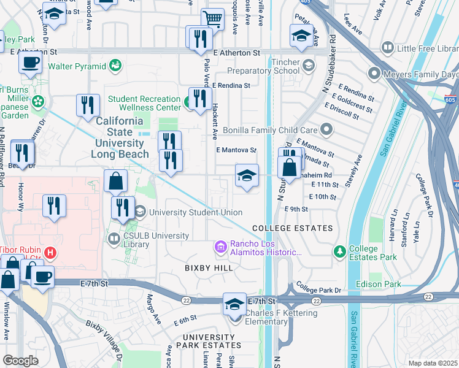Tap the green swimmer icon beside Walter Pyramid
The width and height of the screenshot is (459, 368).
(x=115, y=64)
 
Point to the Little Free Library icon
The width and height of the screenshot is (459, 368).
(x=387, y=47)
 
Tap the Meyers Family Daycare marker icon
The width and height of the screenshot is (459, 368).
(x=374, y=74)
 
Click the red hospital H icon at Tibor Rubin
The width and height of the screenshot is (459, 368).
(x=51, y=251)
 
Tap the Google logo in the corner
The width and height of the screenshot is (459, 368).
(x=20, y=361)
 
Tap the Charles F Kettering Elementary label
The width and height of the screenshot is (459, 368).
(x=281, y=318)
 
